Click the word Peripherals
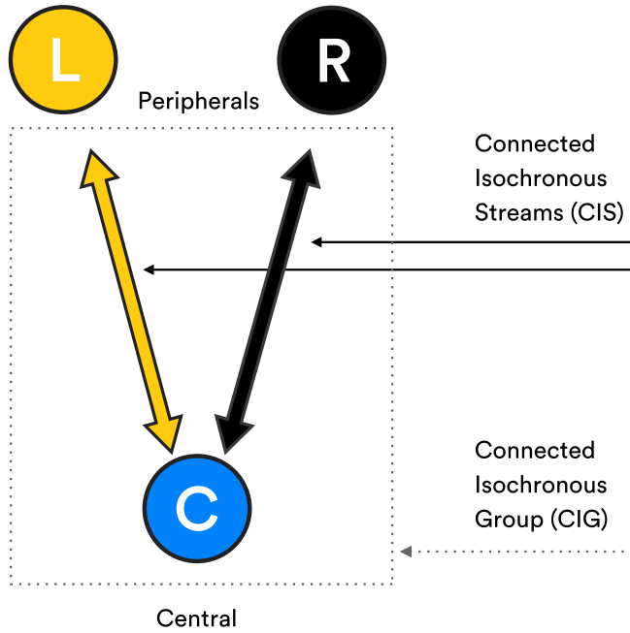[198, 101]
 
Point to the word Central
[196, 617]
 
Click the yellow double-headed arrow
[131, 301]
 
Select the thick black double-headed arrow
[268, 301]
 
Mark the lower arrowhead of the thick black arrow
[234, 432]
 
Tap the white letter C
[197, 508]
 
